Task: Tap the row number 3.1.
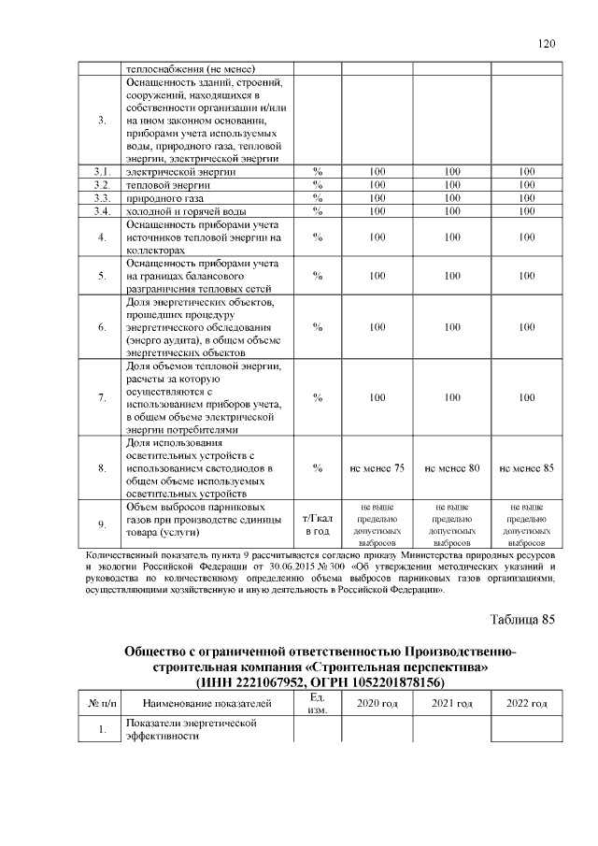pos(101,171)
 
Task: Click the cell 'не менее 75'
pos(377,467)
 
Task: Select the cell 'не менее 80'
pos(452,467)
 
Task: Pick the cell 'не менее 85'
pos(527,467)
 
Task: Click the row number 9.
pos(101,524)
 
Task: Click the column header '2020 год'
pos(377,703)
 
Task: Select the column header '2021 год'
pos(452,703)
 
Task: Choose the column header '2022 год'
pos(527,703)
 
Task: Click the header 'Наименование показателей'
pos(206,703)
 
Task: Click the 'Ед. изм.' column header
pos(317,703)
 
